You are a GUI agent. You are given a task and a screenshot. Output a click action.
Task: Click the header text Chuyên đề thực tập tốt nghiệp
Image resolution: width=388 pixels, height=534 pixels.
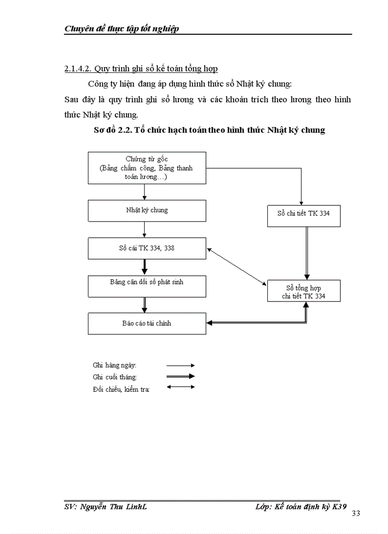pyautogui.click(x=121, y=29)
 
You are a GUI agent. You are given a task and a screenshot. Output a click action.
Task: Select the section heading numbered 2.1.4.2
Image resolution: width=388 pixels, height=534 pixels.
pyautogui.click(x=141, y=69)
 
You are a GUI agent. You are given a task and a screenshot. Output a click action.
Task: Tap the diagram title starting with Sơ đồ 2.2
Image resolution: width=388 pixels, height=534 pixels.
pyautogui.click(x=209, y=130)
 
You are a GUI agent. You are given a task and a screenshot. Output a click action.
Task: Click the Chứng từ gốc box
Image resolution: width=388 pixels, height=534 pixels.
pyautogui.click(x=147, y=168)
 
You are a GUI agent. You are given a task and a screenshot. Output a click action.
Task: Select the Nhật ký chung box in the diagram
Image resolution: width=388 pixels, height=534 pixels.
pyautogui.click(x=147, y=210)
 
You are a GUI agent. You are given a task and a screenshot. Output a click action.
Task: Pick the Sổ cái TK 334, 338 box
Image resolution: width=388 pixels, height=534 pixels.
pyautogui.click(x=147, y=248)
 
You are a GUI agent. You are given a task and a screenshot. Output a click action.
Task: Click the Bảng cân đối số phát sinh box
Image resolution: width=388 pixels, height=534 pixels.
pyautogui.click(x=147, y=286)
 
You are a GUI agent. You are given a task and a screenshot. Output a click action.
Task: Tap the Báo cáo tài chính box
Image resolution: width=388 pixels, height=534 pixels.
pyautogui.click(x=147, y=323)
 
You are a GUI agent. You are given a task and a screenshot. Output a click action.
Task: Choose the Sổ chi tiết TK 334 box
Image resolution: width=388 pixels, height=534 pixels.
pyautogui.click(x=303, y=214)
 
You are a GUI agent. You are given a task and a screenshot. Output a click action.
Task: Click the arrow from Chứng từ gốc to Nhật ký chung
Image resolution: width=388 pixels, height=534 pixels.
pyautogui.click(x=144, y=192)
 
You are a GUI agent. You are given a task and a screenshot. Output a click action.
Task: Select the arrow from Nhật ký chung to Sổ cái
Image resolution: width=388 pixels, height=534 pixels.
pyautogui.click(x=144, y=230)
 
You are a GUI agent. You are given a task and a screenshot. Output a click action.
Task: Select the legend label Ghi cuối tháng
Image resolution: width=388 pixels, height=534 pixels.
pyautogui.click(x=115, y=377)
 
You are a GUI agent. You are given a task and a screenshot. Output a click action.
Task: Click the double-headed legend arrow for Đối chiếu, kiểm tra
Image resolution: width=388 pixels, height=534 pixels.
pyautogui.click(x=180, y=387)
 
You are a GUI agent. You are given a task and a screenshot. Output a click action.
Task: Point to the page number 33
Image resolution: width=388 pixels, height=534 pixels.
pyautogui.click(x=356, y=514)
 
